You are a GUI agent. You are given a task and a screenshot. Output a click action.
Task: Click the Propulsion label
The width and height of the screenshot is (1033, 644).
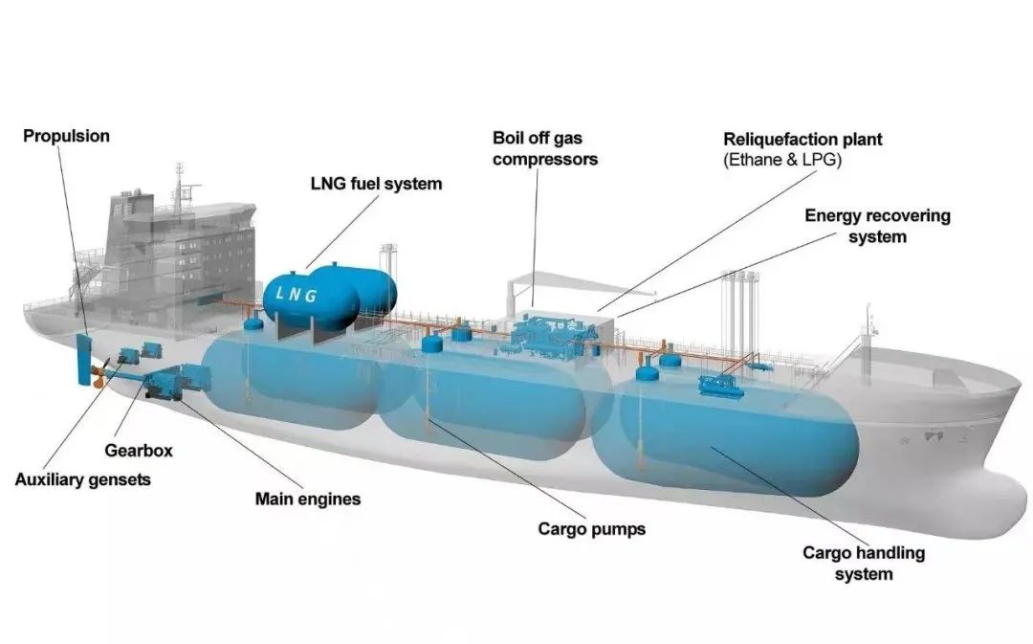click(66, 136)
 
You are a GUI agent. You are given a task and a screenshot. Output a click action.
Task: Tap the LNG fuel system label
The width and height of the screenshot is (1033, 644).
click(376, 183)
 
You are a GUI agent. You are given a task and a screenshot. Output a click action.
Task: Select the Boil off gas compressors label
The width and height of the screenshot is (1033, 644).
click(545, 148)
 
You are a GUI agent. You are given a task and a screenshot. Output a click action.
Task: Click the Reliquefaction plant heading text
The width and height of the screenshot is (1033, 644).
click(802, 139)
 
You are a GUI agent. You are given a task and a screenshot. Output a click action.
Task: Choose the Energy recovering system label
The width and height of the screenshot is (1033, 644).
click(877, 226)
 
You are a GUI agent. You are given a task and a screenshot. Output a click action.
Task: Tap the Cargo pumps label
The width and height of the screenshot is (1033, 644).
click(591, 528)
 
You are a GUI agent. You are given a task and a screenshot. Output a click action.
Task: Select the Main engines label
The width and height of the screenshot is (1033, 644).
click(308, 499)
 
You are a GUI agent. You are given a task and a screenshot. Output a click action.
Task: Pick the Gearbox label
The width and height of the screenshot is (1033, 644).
click(139, 451)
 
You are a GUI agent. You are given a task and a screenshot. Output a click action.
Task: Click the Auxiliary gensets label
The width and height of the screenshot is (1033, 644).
click(82, 479)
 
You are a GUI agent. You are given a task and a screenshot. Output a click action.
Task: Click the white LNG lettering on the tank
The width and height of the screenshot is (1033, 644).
click(297, 296)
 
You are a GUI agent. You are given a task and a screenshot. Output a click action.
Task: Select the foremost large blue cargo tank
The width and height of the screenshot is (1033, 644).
click(736, 435)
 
